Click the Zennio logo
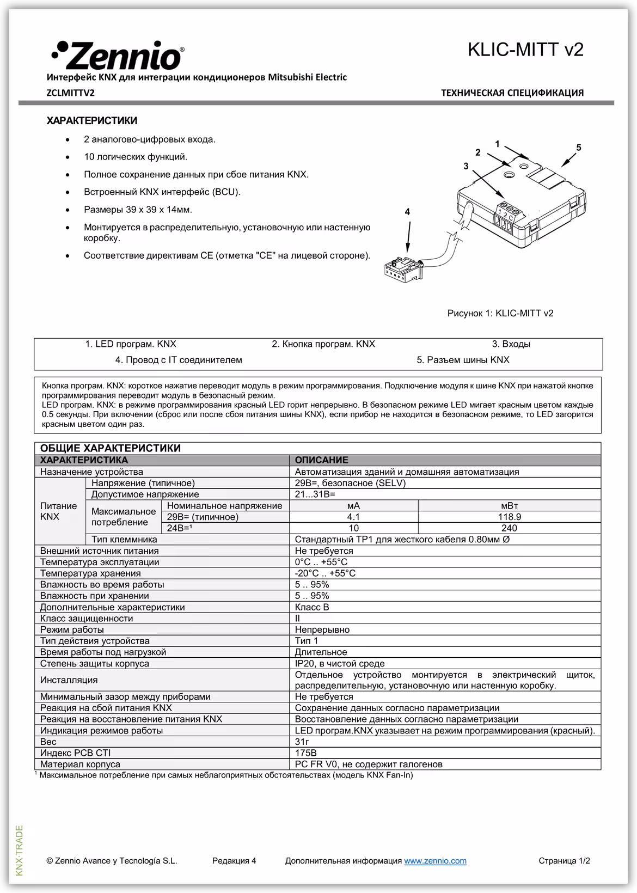[x=117, y=55]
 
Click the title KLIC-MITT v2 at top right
[x=525, y=50]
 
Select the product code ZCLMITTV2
[x=71, y=93]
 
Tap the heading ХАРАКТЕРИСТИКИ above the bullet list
[x=92, y=120]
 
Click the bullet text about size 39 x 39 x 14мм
[x=138, y=210]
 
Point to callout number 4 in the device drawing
[x=407, y=212]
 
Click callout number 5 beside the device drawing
[x=578, y=148]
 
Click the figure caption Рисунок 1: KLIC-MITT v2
[x=500, y=313]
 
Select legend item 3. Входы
[x=511, y=344]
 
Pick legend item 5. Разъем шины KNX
[x=463, y=360]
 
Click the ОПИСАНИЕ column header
[x=321, y=460]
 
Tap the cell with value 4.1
[x=353, y=517]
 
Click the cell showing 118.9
[x=509, y=517]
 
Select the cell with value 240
[x=509, y=528]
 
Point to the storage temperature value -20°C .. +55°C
[x=325, y=573]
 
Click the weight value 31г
[x=302, y=742]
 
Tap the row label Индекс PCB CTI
[x=75, y=753]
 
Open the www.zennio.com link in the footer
[x=435, y=861]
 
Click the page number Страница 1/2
[x=564, y=861]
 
